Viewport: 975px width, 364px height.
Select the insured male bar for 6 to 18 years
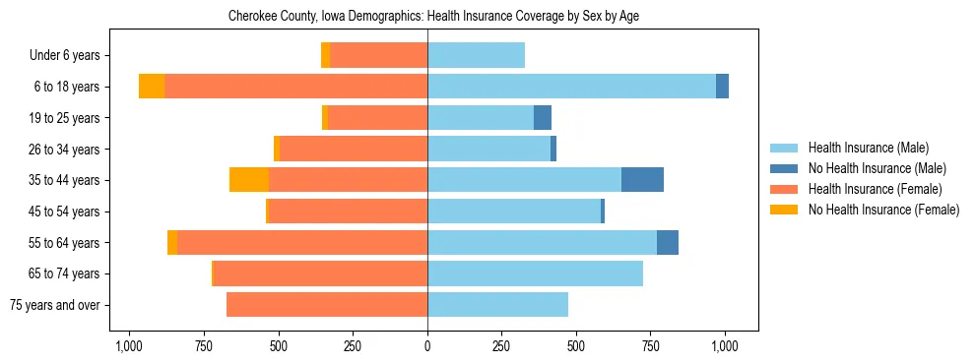571,87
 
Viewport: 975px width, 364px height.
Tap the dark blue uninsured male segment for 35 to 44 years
642,180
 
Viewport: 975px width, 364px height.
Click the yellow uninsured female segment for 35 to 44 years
249,180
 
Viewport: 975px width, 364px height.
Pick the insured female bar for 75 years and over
327,305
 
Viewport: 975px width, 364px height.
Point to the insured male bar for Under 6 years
476,55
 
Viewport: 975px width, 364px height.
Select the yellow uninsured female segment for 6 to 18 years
152,87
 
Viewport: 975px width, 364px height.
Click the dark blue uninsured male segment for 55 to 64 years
668,242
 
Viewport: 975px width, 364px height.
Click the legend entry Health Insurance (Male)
869,149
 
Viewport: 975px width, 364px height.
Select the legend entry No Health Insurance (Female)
883,210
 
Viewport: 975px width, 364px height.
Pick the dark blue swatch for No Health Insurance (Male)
784,169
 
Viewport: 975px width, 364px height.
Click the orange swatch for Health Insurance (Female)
784,189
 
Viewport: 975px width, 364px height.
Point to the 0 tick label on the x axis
427,346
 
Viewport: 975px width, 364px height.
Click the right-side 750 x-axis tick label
651,346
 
